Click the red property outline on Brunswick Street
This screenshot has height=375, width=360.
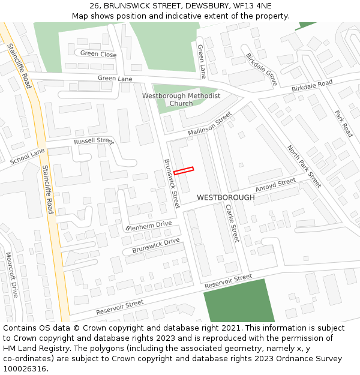click(184, 170)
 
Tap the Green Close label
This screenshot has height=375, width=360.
click(98, 54)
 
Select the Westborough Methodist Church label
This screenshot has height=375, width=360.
click(181, 100)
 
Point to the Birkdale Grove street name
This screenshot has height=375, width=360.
click(261, 69)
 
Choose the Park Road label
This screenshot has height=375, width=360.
click(343, 122)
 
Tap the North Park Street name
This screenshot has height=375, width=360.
click(303, 166)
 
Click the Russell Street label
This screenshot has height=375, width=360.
click(93, 141)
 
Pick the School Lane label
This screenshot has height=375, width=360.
click(28, 157)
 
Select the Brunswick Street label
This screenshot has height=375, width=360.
click(172, 183)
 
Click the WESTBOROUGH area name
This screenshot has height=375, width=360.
click(226, 197)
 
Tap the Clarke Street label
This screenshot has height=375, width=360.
click(232, 223)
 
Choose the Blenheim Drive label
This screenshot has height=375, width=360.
click(149, 226)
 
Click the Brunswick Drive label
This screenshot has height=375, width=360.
click(156, 245)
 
